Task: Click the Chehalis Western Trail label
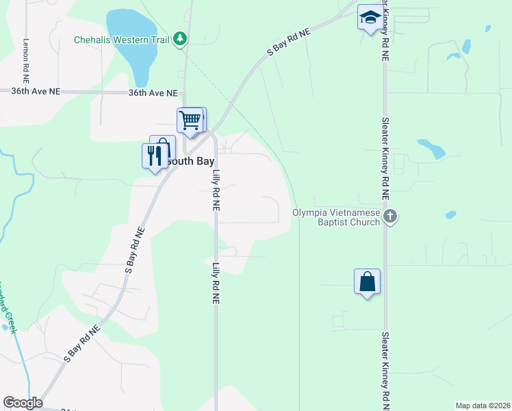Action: tap(122, 39)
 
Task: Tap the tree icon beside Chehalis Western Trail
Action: tap(180, 38)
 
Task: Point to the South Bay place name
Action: tap(185, 161)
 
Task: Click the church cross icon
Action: tap(390, 217)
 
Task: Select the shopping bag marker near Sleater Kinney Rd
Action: tap(367, 282)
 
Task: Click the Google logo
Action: tap(23, 403)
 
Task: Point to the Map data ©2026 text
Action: tap(482, 406)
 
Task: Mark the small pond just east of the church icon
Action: tap(450, 214)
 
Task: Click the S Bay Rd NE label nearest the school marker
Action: tap(288, 45)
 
